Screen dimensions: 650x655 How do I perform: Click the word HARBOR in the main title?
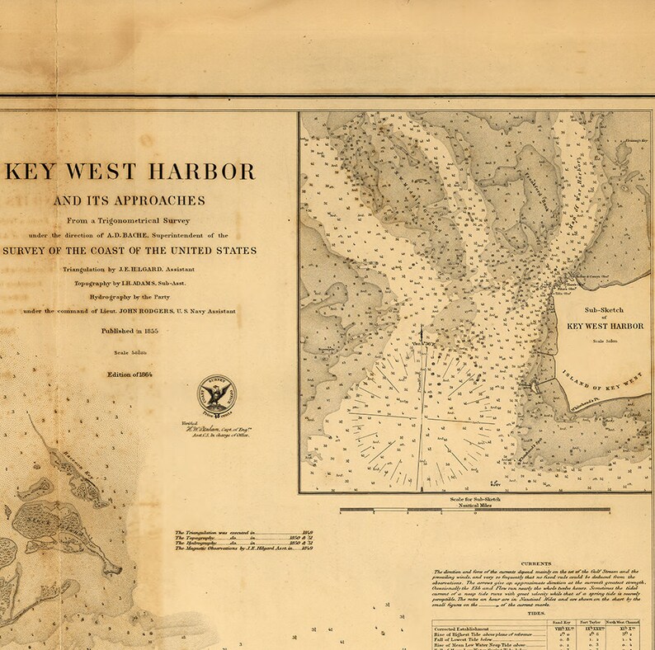point(199,172)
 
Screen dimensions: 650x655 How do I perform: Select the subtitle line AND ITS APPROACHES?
point(130,200)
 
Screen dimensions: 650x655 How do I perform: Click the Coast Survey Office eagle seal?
point(216,394)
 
